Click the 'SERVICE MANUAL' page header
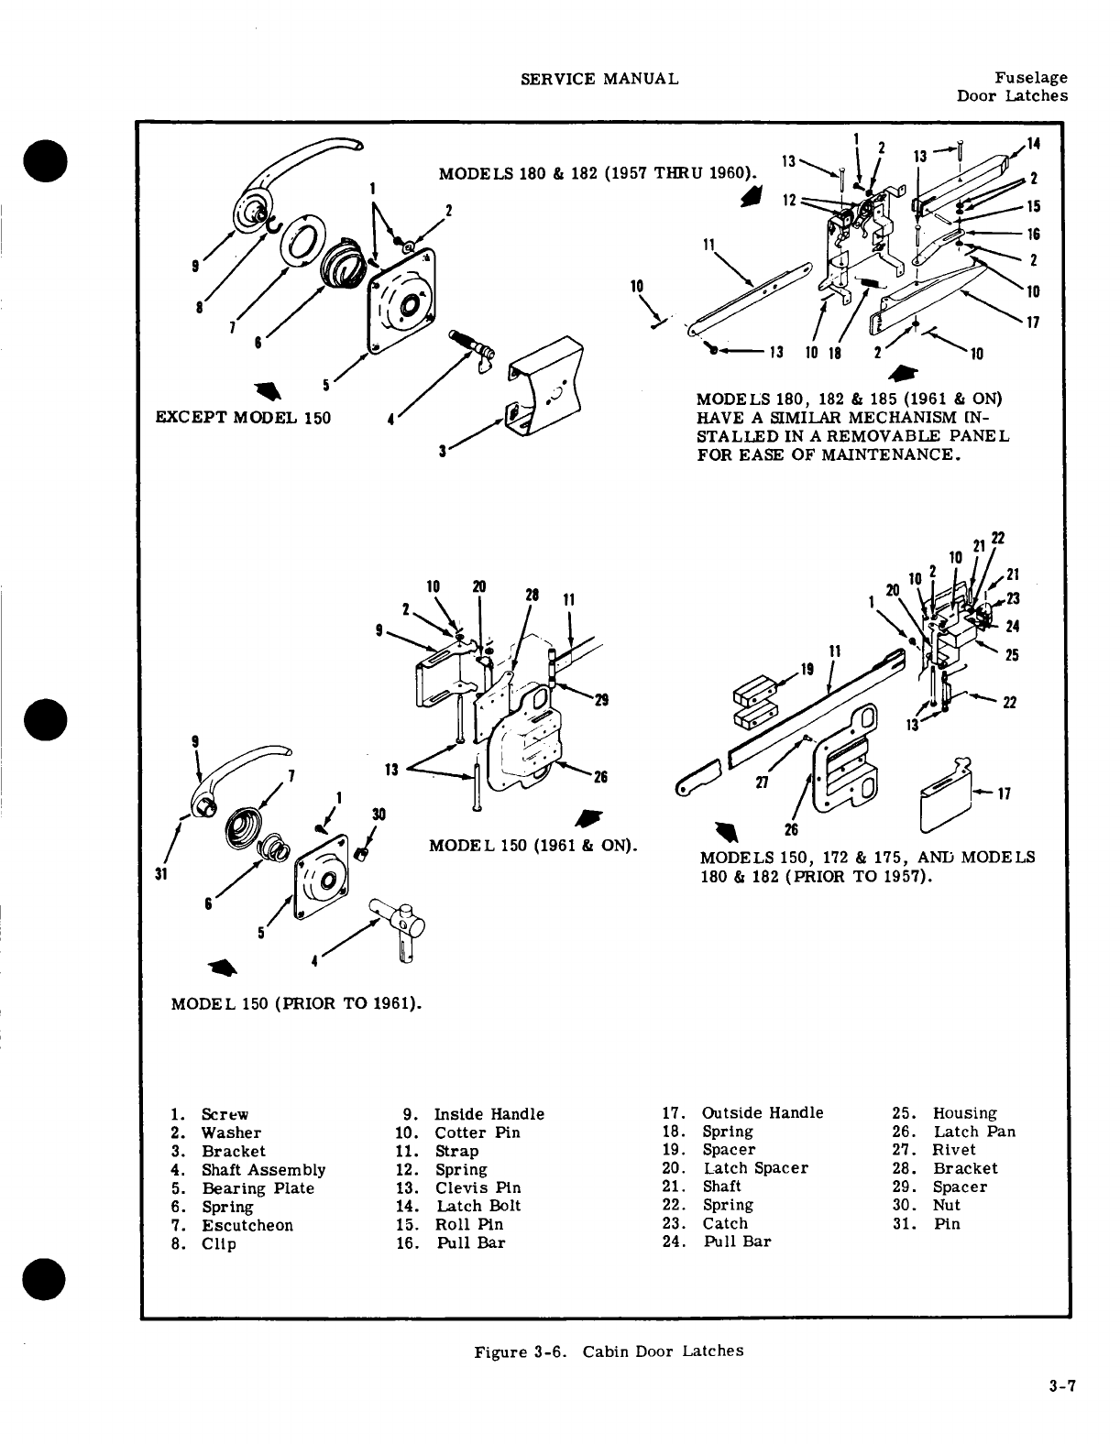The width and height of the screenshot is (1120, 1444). (x=599, y=79)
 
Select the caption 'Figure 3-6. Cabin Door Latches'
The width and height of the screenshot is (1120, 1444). (x=609, y=1351)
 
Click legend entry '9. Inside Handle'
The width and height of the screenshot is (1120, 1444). (x=474, y=1114)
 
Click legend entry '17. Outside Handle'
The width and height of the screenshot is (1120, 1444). (x=742, y=1112)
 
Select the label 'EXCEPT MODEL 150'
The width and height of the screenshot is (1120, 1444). (x=245, y=418)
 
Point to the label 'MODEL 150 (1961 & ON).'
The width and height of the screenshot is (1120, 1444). (x=533, y=843)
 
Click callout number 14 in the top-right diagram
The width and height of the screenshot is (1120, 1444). (x=1033, y=144)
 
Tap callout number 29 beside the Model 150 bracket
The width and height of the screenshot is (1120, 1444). (x=602, y=700)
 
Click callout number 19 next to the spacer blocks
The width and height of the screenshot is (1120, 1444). (x=807, y=669)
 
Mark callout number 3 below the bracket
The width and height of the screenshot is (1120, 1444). (x=443, y=451)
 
